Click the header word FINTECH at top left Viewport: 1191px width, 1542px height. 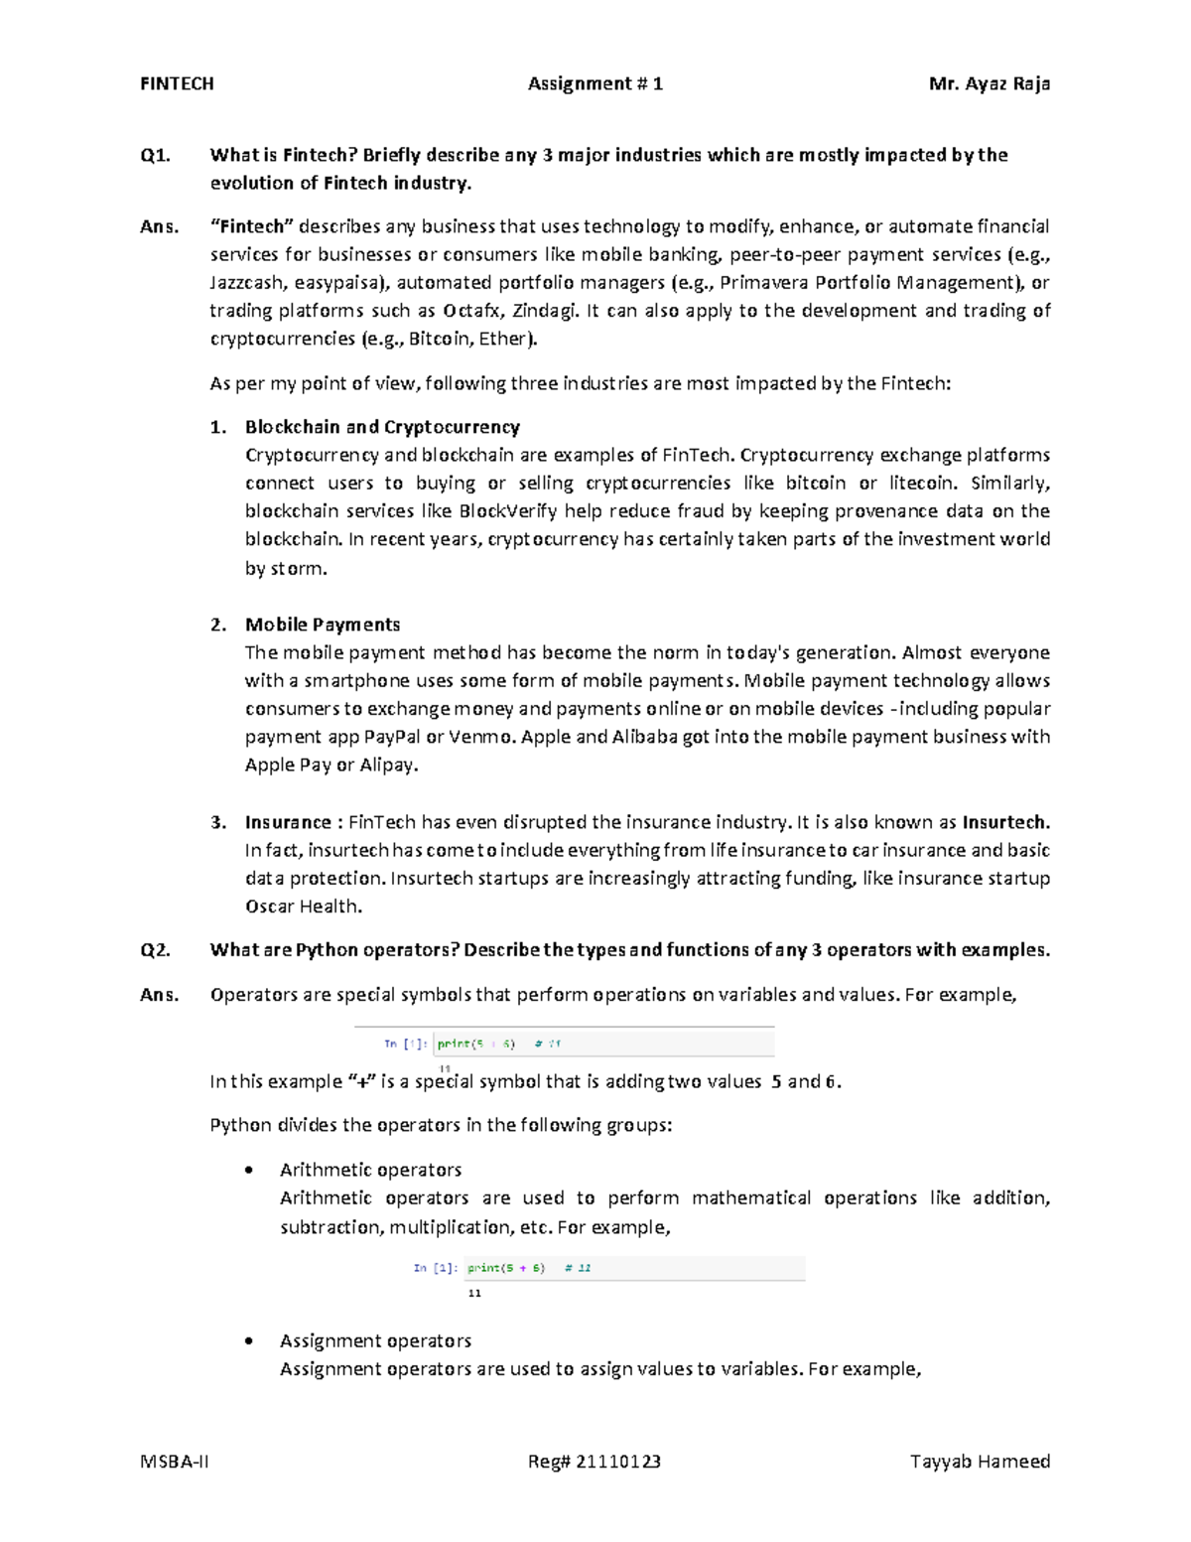pos(177,84)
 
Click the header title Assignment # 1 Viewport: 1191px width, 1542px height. pos(595,84)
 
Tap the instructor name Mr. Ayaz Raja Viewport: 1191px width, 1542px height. pos(989,84)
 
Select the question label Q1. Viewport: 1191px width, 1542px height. pos(155,155)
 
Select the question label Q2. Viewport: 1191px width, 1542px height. pos(155,950)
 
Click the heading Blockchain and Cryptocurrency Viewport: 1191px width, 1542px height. pos(382,427)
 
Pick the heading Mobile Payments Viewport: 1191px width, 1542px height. pos(323,625)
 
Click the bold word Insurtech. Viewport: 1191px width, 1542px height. pos(1005,822)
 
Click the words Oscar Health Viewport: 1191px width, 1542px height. pos(303,907)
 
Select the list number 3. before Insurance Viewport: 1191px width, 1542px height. pos(217,822)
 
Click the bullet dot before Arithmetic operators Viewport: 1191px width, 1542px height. pos(248,1171)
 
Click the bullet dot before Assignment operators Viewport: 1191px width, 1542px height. pos(248,1341)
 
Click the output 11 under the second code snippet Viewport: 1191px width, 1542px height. pos(474,1293)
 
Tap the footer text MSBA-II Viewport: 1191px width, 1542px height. pos(175,1462)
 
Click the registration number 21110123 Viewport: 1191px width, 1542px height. pos(619,1462)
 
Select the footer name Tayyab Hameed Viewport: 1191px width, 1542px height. pos(980,1462)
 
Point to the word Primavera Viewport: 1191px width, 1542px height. pos(764,283)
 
